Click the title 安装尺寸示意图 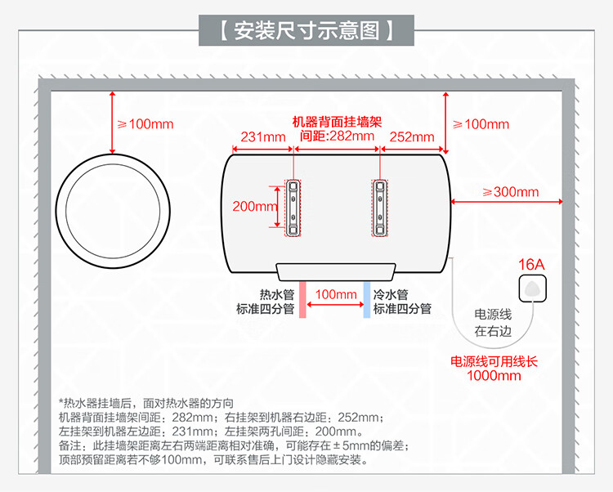306,32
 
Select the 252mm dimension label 412,136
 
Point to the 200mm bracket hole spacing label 255,206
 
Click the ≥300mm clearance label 511,192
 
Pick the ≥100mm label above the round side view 146,124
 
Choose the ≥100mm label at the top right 481,124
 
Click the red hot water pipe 302,299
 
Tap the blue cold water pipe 365,299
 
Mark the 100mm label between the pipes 334,293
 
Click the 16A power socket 532,288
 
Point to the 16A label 531,265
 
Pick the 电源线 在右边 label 494,323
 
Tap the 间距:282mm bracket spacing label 337,136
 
